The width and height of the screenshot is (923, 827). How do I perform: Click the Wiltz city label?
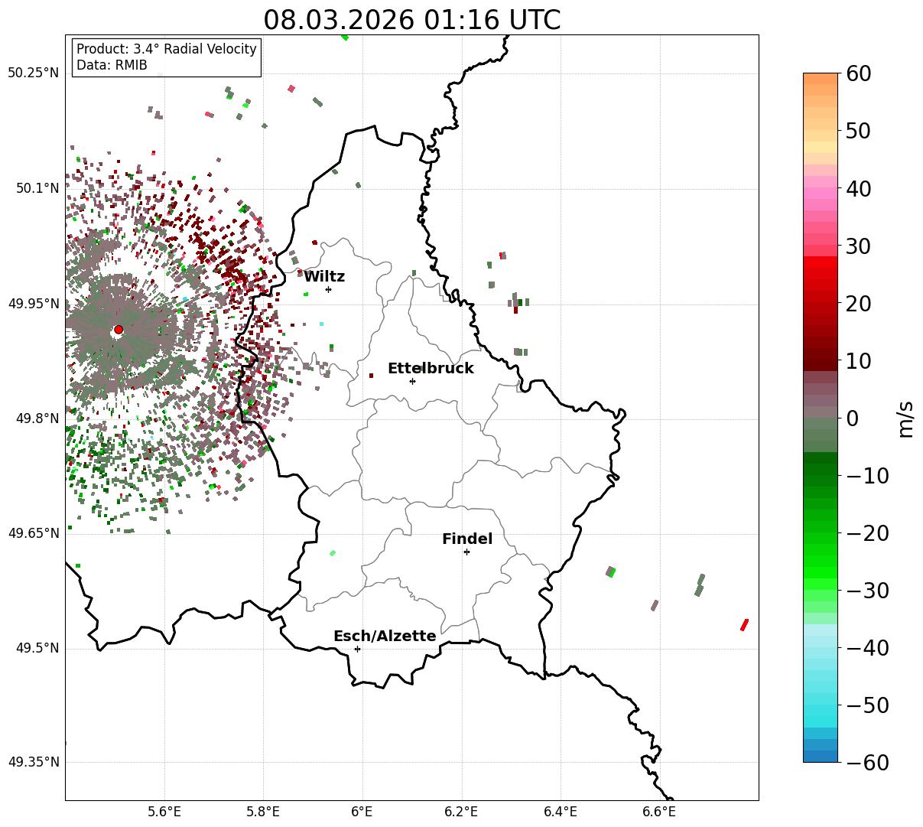[x=324, y=277]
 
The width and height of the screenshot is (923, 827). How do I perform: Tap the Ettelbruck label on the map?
[x=431, y=369]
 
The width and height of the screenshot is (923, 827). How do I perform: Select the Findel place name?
[x=467, y=539]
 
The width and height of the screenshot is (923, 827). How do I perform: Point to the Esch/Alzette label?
[x=385, y=637]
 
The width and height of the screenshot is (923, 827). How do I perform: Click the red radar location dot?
[x=119, y=330]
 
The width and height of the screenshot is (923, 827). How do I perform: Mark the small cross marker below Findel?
[x=466, y=552]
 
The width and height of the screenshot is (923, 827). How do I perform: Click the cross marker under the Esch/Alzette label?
[x=357, y=649]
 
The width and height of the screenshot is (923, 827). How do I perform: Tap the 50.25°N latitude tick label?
[x=33, y=73]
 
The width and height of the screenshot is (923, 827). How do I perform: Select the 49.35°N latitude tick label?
[x=33, y=763]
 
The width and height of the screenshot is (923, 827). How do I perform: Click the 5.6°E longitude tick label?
[x=164, y=811]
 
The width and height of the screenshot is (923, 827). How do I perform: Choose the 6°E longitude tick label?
[x=362, y=811]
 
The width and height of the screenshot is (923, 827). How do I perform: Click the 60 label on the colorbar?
[x=858, y=74]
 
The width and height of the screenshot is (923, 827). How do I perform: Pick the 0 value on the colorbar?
[x=852, y=418]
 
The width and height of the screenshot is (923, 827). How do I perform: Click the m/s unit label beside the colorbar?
[x=906, y=418]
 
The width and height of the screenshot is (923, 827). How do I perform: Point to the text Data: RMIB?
[x=112, y=65]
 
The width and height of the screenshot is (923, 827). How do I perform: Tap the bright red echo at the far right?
[x=744, y=625]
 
